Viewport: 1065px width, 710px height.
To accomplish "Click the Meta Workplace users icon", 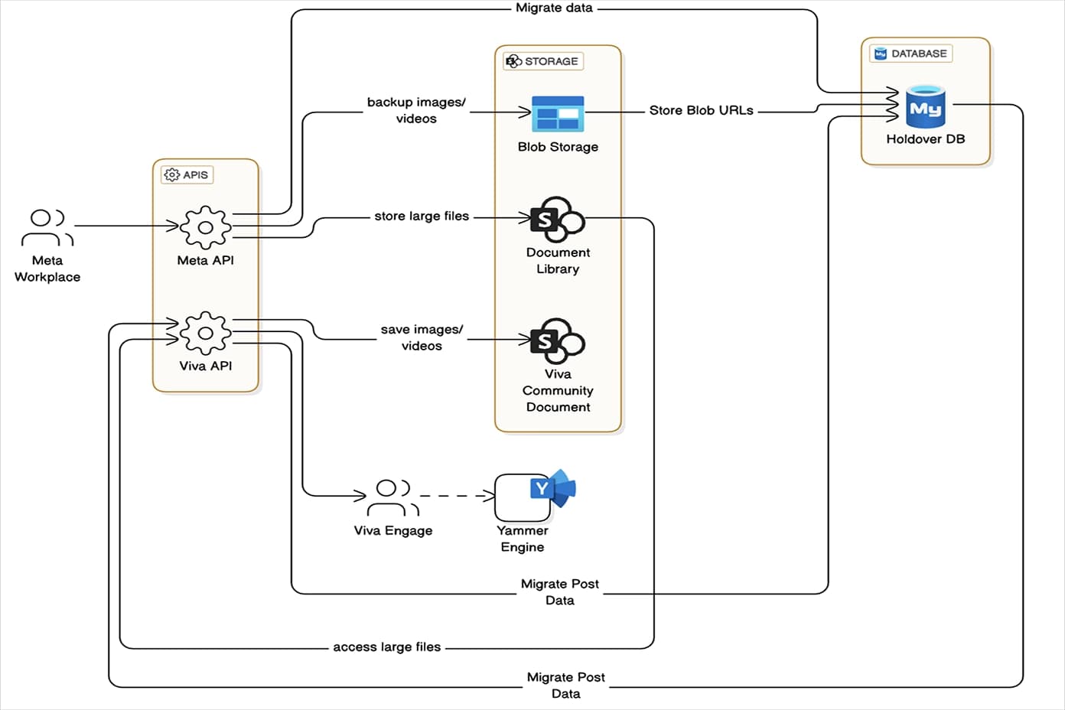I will [47, 227].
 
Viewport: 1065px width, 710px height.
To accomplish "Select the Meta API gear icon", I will [205, 227].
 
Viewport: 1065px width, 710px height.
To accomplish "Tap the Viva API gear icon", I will [205, 333].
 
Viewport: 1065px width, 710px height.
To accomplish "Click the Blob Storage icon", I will [558, 113].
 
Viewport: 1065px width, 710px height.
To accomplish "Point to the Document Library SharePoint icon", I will [558, 219].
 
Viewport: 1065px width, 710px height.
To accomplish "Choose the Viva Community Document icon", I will [558, 340].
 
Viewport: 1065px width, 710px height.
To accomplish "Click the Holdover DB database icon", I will [925, 106].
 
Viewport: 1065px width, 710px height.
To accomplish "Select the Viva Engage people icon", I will [393, 497].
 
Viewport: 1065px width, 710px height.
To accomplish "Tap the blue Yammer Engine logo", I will [553, 488].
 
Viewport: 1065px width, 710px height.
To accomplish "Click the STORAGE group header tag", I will [543, 61].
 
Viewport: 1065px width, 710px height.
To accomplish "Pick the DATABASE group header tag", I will [910, 54].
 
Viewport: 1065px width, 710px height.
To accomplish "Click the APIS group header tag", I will [187, 174].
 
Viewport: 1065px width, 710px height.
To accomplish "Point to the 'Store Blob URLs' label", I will [701, 110].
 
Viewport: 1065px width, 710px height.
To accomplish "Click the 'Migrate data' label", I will [554, 8].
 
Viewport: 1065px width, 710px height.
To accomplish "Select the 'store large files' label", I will [422, 217].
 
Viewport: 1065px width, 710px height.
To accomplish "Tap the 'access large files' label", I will [386, 647].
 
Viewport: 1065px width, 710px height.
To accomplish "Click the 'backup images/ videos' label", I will [416, 110].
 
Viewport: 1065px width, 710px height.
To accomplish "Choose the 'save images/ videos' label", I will [422, 337].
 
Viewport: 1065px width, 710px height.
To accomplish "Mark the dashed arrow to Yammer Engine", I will [457, 496].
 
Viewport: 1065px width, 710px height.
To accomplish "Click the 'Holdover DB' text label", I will [925, 139].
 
